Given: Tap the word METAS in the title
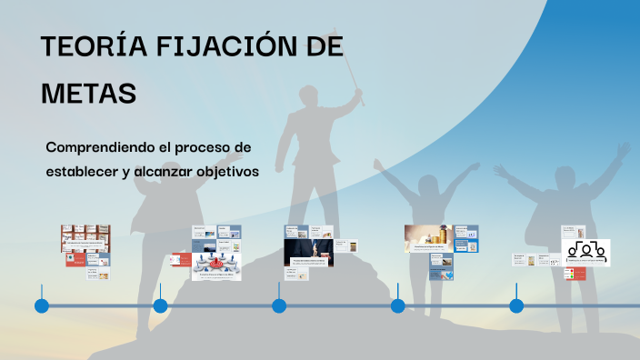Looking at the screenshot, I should click(88, 94).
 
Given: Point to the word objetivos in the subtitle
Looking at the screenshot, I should click(223, 171).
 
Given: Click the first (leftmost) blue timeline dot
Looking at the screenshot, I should click(42, 305).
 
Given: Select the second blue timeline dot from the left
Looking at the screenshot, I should click(160, 305).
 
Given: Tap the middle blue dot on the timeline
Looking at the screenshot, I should click(279, 305).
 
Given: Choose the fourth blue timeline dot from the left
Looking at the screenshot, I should click(397, 305).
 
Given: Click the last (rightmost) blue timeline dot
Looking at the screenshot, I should click(516, 305).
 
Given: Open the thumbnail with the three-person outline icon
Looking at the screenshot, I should click(587, 252).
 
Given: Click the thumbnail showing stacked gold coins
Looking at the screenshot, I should click(428, 238).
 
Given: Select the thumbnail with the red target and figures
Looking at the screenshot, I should click(216, 265).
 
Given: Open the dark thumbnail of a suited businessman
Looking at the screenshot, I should click(309, 252).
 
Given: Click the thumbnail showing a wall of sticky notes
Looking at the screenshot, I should click(85, 237).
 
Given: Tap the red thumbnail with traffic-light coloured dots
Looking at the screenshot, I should click(575, 274).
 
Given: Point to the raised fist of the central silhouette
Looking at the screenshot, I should click(356, 93).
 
